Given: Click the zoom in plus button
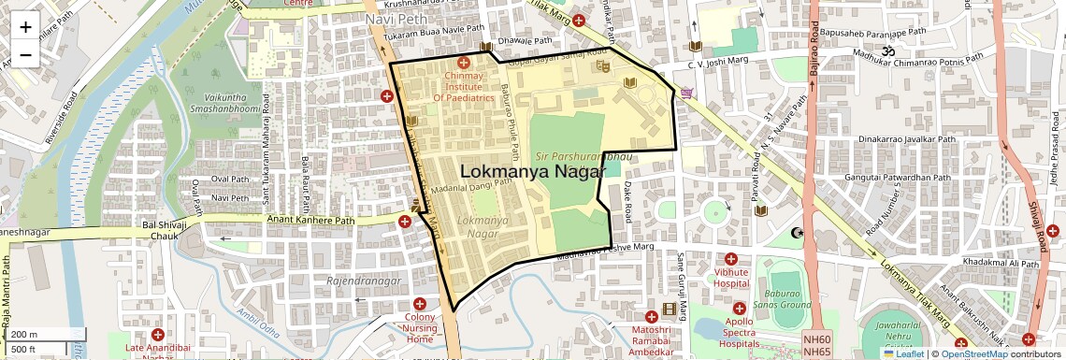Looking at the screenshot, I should click(25, 27).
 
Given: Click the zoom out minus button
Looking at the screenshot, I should click(25, 54).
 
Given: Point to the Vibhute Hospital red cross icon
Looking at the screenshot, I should click(730, 259).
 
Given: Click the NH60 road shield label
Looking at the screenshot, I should click(816, 339).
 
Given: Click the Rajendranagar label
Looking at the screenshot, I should click(364, 281).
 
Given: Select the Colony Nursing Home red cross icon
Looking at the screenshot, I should click(420, 304).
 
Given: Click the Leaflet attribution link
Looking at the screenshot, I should click(903, 353).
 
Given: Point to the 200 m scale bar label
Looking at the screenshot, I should click(25, 334).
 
